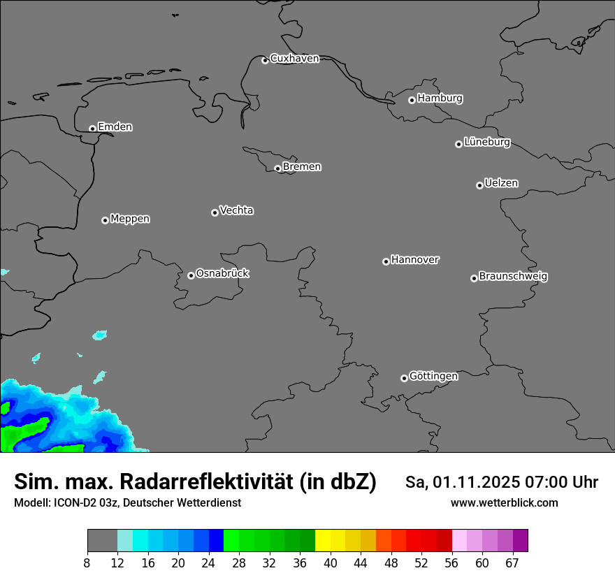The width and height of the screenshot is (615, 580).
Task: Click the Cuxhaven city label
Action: [x=294, y=59]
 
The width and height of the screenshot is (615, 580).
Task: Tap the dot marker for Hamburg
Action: [x=412, y=100]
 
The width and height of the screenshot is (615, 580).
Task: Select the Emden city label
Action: [x=115, y=127]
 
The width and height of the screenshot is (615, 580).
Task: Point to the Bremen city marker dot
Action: [x=277, y=168]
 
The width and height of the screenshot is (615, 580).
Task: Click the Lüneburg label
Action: [x=486, y=143]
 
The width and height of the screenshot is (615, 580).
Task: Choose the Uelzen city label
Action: [x=501, y=184]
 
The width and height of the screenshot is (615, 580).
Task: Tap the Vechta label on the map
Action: [x=236, y=210]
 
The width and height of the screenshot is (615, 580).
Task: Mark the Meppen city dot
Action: [x=105, y=220]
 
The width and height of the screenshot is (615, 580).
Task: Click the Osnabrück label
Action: [x=222, y=273]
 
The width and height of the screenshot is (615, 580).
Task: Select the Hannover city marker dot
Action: [x=386, y=261]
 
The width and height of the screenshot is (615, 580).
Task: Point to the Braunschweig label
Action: [x=513, y=277]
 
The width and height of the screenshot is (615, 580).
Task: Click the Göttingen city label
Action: [x=433, y=377]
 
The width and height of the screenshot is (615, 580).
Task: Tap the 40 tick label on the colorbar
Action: [x=331, y=563]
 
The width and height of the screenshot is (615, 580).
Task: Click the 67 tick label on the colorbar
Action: [x=512, y=563]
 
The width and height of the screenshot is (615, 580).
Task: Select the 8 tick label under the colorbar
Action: [x=87, y=563]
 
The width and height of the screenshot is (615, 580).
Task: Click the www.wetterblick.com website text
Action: [x=504, y=503]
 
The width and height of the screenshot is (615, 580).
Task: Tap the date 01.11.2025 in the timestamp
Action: [x=472, y=482]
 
